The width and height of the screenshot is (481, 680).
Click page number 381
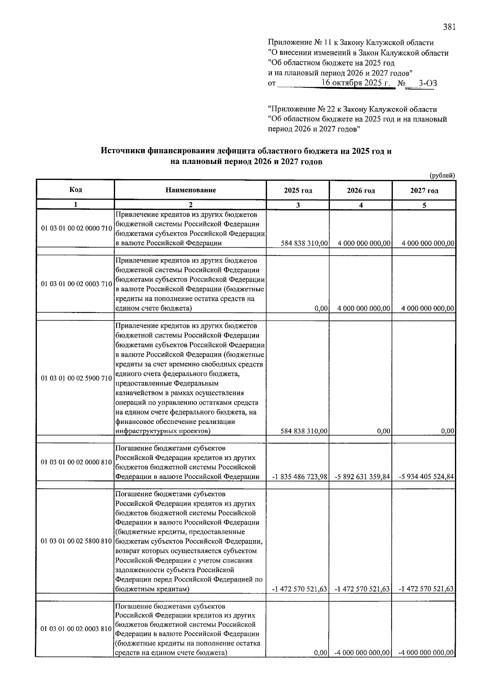coord(449,27)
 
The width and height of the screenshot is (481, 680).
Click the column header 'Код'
coord(75,190)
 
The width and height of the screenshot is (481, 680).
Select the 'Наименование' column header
coord(190,190)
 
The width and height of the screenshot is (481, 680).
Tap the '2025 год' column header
coord(298,191)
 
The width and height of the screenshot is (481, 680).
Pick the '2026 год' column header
coord(361,191)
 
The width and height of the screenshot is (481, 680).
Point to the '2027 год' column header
coord(424,191)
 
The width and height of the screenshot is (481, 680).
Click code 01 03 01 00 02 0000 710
coord(76,229)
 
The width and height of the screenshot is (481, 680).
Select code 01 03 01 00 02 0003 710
coord(76,284)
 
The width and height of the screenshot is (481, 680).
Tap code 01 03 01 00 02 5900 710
coord(76,378)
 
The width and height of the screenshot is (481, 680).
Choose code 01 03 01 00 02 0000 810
coord(76,462)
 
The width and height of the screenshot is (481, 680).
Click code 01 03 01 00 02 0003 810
coord(76,629)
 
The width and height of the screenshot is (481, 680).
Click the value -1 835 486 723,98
coord(299,477)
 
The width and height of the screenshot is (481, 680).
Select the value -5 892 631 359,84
coord(362,477)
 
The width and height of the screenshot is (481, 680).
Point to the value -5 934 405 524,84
coord(426,477)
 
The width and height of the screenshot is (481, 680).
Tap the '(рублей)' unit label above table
coord(442,176)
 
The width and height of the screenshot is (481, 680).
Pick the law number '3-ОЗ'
coord(427,84)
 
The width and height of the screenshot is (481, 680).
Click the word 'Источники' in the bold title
coord(123,151)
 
